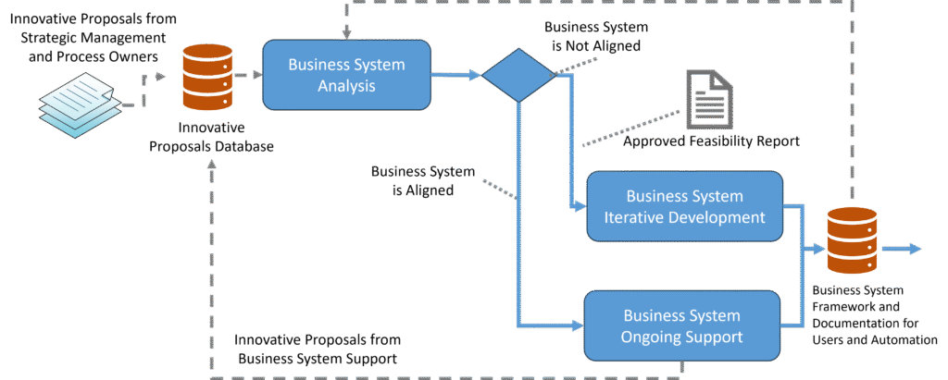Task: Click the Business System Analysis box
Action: (x=346, y=75)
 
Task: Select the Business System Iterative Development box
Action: (x=684, y=206)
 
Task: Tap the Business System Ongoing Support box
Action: (x=682, y=325)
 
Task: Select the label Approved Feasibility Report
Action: (x=711, y=142)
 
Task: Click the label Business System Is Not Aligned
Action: (x=591, y=36)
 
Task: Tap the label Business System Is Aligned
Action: (x=423, y=181)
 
